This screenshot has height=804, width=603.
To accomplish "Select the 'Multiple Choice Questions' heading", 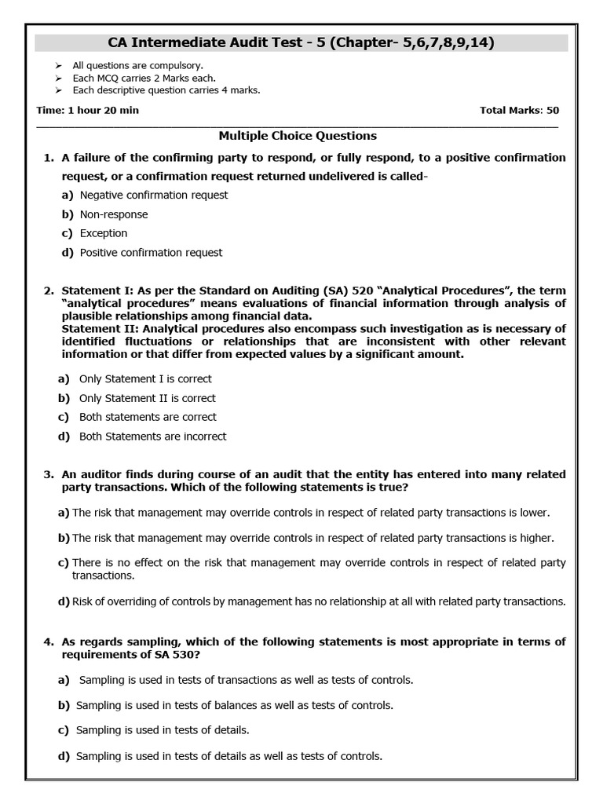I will click(x=298, y=136).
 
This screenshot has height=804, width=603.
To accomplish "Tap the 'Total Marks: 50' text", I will click(x=519, y=110).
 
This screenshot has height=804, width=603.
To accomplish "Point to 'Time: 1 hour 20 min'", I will click(x=87, y=110).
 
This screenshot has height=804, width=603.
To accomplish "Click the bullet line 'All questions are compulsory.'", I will click(x=131, y=66).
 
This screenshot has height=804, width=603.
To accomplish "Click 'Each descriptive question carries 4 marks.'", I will click(x=161, y=90).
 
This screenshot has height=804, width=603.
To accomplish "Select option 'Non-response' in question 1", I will click(x=114, y=214).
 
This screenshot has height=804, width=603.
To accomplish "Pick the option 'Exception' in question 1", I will click(x=104, y=233).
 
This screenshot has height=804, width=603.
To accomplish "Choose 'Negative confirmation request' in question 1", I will click(x=154, y=195).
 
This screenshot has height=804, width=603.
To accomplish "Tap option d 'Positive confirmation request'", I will click(x=151, y=252).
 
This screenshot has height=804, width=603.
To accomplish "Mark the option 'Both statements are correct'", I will click(x=148, y=417).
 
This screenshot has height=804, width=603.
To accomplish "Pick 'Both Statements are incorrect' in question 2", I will click(x=152, y=436).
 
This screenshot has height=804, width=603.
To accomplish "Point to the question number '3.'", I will click(x=48, y=474).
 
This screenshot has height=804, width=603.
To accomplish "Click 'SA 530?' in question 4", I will click(x=188, y=654).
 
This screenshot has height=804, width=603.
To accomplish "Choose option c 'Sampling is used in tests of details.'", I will click(x=163, y=730).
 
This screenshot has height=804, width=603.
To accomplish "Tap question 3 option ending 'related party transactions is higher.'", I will click(x=312, y=538).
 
